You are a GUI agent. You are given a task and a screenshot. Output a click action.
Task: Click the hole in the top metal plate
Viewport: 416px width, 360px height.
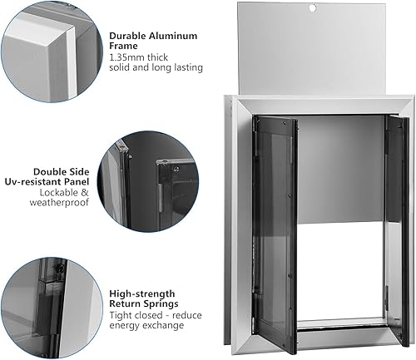(x=313, y=7)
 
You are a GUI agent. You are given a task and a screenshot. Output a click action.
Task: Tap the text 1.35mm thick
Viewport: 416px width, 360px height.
(x=139, y=57)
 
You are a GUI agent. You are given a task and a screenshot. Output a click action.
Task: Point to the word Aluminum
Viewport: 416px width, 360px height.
(x=176, y=36)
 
